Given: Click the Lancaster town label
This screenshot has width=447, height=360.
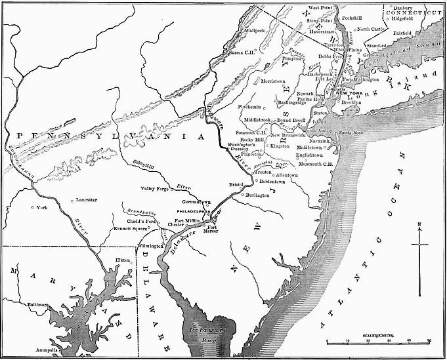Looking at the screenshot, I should pyautogui.click(x=87, y=199).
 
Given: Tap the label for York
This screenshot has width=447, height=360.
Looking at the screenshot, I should pyautogui.click(x=43, y=207).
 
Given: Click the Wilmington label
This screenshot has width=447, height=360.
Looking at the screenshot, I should pyautogui.click(x=150, y=246).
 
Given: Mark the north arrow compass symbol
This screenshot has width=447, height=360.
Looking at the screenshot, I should pyautogui.click(x=419, y=245).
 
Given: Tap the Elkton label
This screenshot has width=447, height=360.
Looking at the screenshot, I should pyautogui.click(x=122, y=260).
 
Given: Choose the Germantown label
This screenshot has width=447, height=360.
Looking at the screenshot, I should pyautogui.click(x=196, y=202).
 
